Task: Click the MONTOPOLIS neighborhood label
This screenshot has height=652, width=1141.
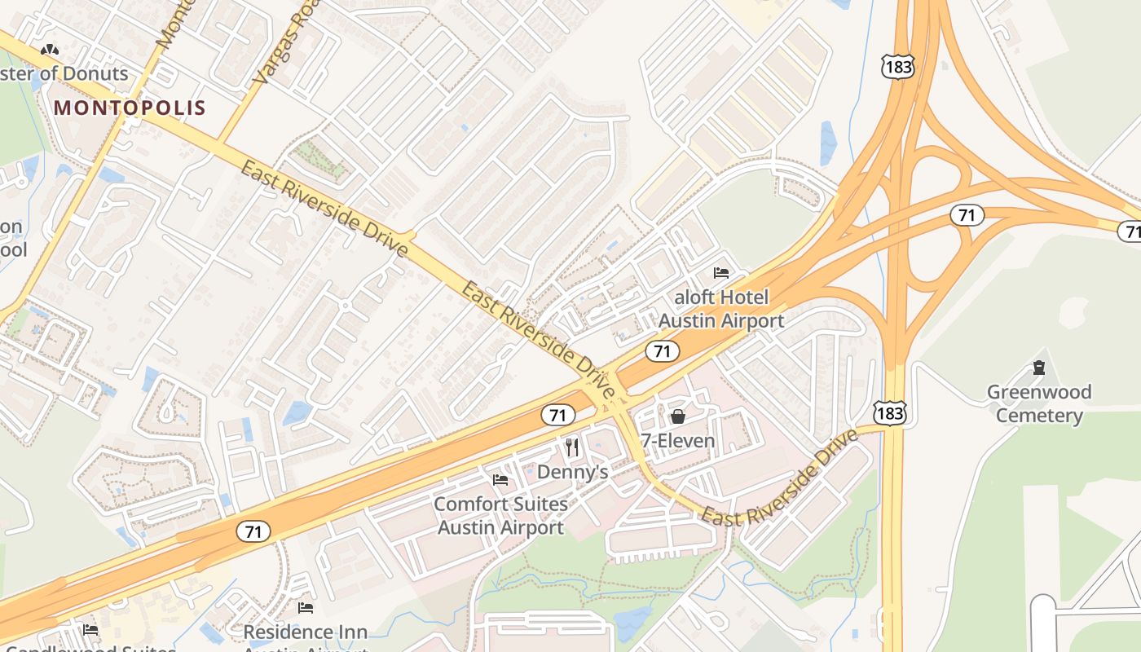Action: coord(130,108)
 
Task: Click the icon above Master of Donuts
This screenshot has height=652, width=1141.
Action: coord(50,51)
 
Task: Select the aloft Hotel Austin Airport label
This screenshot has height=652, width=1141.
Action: coord(720,309)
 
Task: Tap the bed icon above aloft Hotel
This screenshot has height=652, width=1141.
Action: coord(721,272)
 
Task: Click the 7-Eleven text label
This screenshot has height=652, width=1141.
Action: coord(677,441)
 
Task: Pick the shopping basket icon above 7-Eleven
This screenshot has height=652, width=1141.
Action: coord(677,417)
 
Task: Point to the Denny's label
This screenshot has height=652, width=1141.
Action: coord(572,472)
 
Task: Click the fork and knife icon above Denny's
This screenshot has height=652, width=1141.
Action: coord(572,447)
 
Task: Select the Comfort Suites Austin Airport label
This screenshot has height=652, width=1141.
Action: coord(500,515)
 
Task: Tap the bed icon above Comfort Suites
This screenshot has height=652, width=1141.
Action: coord(500,479)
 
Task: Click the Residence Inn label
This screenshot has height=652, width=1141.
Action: coord(306,632)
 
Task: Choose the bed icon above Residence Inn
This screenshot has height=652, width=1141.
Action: coord(306,608)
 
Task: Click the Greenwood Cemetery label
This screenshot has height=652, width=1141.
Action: coord(1039,403)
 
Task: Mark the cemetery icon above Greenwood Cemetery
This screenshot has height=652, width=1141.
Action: coord(1039,368)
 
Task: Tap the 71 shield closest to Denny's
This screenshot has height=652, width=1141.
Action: coord(557,415)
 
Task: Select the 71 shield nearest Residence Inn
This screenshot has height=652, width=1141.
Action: coord(253,531)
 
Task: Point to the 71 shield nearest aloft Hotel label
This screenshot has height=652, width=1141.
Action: coord(662,350)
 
